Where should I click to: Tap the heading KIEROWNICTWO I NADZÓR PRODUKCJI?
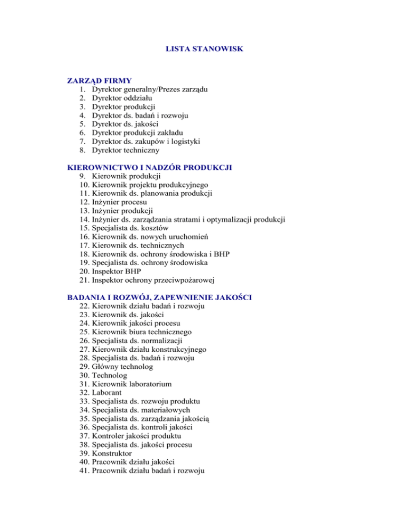[149, 167]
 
